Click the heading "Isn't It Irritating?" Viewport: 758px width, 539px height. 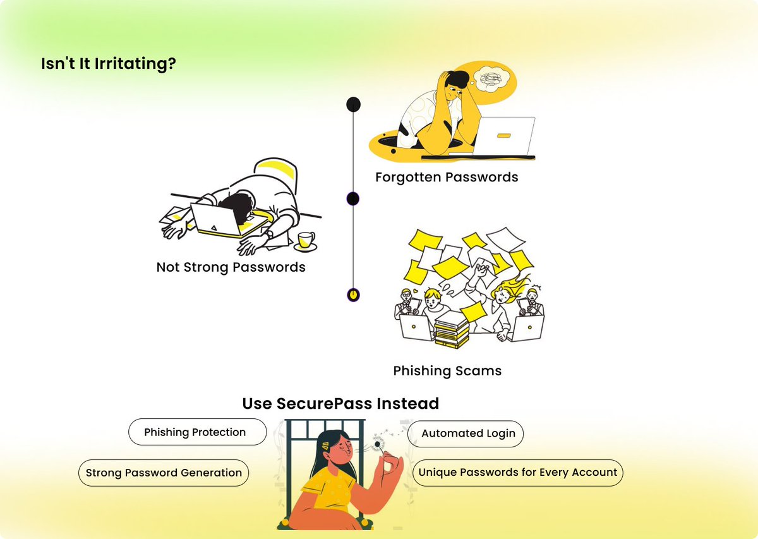pos(109,64)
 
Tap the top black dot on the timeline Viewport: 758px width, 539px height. pos(354,104)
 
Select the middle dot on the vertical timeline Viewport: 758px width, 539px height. pos(353,199)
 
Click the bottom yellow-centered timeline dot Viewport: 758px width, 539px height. pos(354,294)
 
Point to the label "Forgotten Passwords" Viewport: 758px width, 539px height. pos(447,177)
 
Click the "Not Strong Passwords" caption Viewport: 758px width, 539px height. pos(231,267)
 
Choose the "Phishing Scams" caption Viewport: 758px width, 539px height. pos(447,371)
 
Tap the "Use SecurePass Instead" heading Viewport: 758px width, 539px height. pos(340,403)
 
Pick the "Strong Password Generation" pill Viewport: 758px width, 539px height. pos(164,473)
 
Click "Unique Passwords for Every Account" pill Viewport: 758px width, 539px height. pos(517,473)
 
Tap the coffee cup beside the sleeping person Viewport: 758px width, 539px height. pos(306,240)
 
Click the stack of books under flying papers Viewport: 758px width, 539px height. pos(452,331)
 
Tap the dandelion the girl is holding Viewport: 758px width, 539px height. pos(378,444)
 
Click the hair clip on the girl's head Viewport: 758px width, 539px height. pos(325,445)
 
